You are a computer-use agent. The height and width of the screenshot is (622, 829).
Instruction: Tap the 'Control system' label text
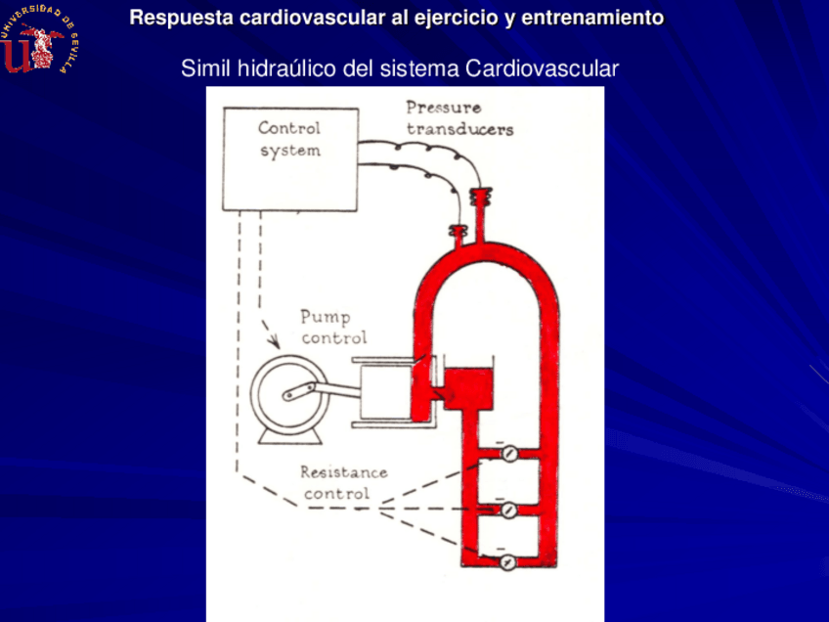(289, 139)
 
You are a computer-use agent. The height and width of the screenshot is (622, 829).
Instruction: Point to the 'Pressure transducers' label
(458, 118)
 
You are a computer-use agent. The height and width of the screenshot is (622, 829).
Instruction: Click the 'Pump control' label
(333, 327)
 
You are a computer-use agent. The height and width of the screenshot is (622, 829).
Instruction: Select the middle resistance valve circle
(507, 509)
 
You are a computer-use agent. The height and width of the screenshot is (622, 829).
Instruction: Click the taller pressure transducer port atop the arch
(480, 204)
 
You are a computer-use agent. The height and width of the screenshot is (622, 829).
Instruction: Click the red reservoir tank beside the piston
(467, 386)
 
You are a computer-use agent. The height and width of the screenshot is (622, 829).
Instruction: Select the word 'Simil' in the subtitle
(202, 69)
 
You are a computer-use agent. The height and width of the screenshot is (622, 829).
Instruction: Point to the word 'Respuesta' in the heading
(172, 18)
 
